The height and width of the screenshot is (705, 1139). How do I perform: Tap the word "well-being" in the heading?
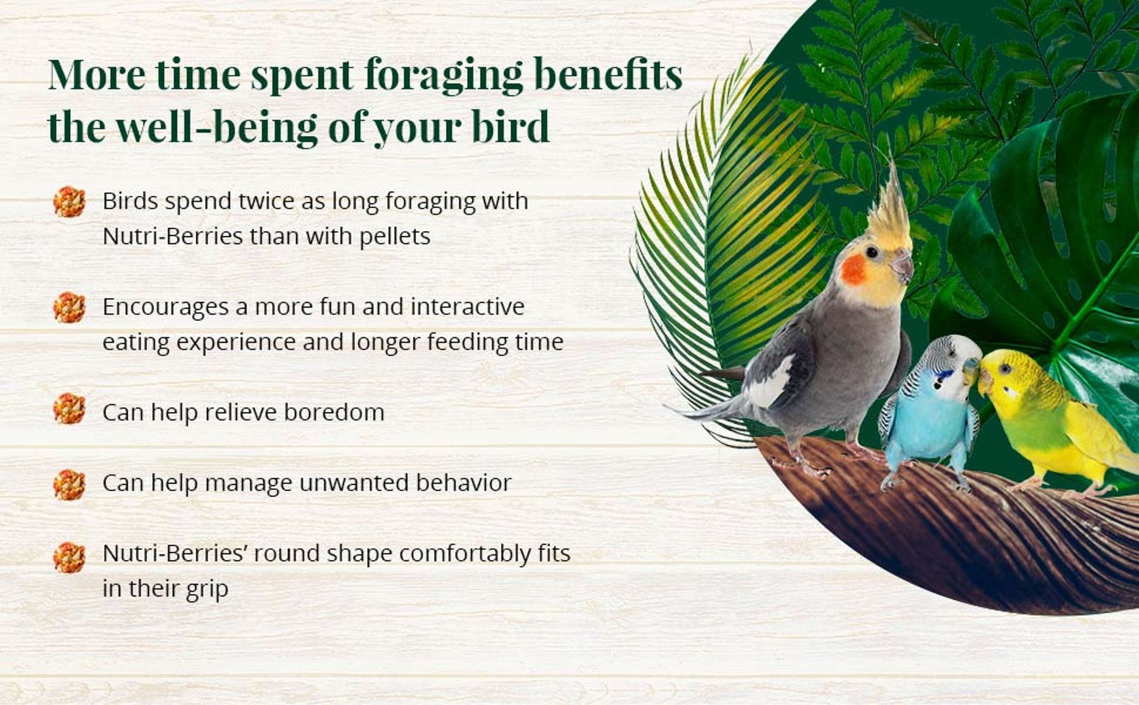click(x=217, y=127)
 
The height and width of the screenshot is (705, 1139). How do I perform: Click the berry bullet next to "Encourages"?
click(x=69, y=308)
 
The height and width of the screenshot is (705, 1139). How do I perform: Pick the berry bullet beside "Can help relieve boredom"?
click(x=69, y=409)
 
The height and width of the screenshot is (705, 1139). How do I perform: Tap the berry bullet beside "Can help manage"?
click(x=69, y=485)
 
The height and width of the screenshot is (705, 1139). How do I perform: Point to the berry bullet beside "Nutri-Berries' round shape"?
click(x=69, y=558)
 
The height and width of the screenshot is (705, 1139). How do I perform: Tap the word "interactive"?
click(x=468, y=307)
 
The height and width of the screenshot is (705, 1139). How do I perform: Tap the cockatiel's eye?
click(x=872, y=252)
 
